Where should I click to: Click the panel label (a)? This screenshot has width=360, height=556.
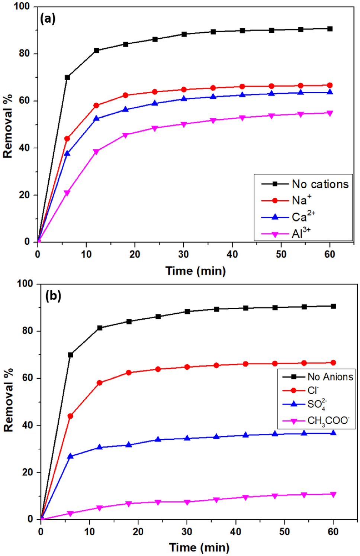[48, 18]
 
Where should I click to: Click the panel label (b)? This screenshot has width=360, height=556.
[53, 296]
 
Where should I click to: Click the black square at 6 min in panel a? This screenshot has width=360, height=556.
[67, 78]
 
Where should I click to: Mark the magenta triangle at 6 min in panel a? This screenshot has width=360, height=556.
[67, 193]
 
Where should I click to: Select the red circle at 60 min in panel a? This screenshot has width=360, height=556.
[330, 85]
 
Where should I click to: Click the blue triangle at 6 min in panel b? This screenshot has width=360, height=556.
[70, 456]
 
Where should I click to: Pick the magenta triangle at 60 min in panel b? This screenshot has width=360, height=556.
[333, 494]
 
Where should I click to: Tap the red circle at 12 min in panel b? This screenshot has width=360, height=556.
[99, 383]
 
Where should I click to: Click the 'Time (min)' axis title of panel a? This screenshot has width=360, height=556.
[196, 271]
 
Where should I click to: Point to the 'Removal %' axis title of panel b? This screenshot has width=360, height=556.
[8, 400]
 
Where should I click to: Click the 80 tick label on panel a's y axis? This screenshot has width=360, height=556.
[24, 54]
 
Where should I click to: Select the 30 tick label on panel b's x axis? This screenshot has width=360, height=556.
[187, 532]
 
